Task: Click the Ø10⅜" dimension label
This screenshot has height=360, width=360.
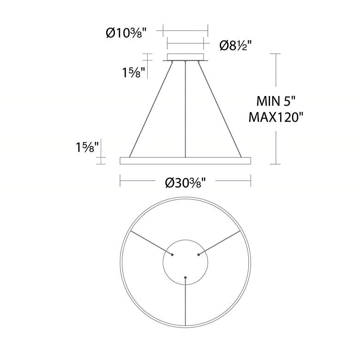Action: click(126, 33)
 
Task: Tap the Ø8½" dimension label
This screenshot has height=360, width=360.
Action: click(236, 45)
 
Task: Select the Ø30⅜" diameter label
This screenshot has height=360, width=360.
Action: click(185, 183)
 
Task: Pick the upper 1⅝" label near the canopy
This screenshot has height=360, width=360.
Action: click(134, 73)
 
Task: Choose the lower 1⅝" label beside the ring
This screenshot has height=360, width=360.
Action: click(88, 147)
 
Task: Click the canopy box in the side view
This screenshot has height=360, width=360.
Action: click(186, 57)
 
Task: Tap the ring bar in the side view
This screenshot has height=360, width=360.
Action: click(185, 161)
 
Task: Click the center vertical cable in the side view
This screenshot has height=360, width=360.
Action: click(185, 109)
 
